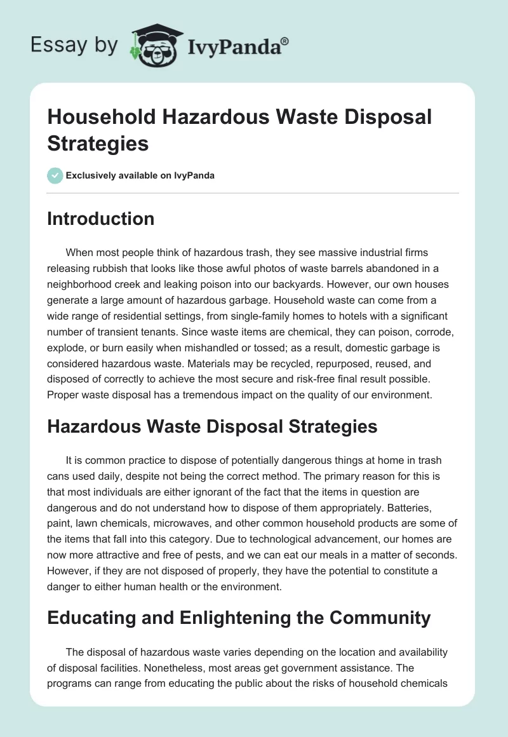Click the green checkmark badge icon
(55, 175)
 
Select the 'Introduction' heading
(101, 219)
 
